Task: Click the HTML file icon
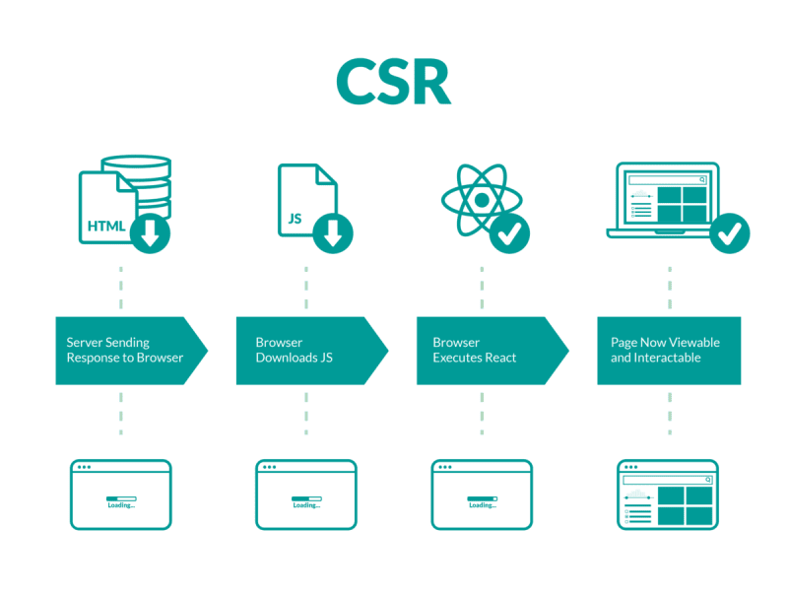[x=104, y=209]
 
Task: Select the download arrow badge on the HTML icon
[x=150, y=233]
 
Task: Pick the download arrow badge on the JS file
[x=333, y=233]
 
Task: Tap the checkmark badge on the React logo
[x=509, y=233]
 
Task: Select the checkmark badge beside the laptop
[x=730, y=233]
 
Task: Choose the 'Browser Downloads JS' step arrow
[x=305, y=351]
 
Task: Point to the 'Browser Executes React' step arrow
[x=487, y=351]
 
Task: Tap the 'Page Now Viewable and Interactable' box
[x=669, y=351]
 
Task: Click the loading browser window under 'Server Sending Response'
[x=121, y=494]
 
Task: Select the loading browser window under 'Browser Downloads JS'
[x=305, y=494]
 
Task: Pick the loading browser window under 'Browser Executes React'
[x=482, y=494]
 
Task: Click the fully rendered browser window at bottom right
[x=668, y=494]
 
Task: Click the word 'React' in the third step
[x=498, y=358]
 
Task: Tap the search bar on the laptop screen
[x=667, y=180]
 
